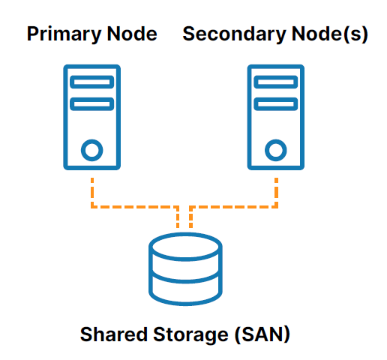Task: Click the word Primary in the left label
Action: pos(64,34)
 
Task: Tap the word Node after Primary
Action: pos(132,34)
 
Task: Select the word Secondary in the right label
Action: pos(234,34)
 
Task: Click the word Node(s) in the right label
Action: pos(330,34)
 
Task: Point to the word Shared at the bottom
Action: pos(114,334)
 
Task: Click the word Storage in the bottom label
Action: pos(190,335)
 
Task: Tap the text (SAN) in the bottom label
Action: pos(262,334)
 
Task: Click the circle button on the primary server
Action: pos(92,150)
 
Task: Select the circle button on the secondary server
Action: pos(276,150)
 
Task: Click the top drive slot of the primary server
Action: pos(92,82)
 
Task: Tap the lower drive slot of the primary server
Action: pos(92,104)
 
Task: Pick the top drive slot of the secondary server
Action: pos(276,82)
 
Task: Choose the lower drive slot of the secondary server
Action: pos(276,104)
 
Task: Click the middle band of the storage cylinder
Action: pos(185,282)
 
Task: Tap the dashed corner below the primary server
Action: pos(92,207)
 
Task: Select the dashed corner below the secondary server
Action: pos(276,207)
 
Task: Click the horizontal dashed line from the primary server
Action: pos(135,207)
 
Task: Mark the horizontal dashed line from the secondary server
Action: pos(233,207)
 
